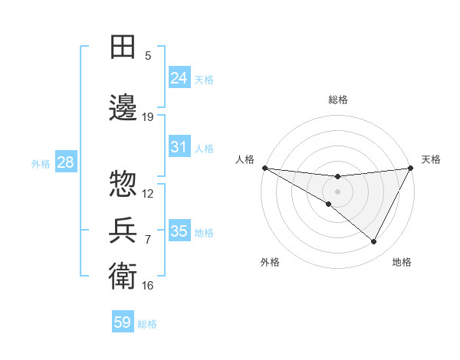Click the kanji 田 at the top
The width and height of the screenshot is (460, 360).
point(123,47)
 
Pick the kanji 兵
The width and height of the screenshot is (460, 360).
point(123,230)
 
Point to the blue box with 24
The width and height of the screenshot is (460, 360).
point(179,78)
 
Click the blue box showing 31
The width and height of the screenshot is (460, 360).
point(179,147)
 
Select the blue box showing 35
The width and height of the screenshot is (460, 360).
point(179,231)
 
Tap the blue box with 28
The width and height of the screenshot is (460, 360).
point(64,162)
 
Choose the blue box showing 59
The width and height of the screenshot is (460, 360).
point(123,322)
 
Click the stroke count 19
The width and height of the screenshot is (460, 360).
point(148,117)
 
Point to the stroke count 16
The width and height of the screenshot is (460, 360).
point(148,286)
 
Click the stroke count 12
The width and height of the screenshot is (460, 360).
point(148,193)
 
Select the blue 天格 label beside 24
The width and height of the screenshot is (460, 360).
point(204,79)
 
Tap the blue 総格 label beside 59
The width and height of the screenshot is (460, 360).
point(147,324)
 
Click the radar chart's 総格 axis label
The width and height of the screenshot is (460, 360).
point(337,100)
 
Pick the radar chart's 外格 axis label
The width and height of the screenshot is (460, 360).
point(270,262)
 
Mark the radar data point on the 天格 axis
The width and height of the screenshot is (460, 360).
point(411,168)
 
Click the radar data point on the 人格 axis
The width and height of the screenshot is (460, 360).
point(264,168)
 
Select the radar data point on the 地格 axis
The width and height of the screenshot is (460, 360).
point(374,241)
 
